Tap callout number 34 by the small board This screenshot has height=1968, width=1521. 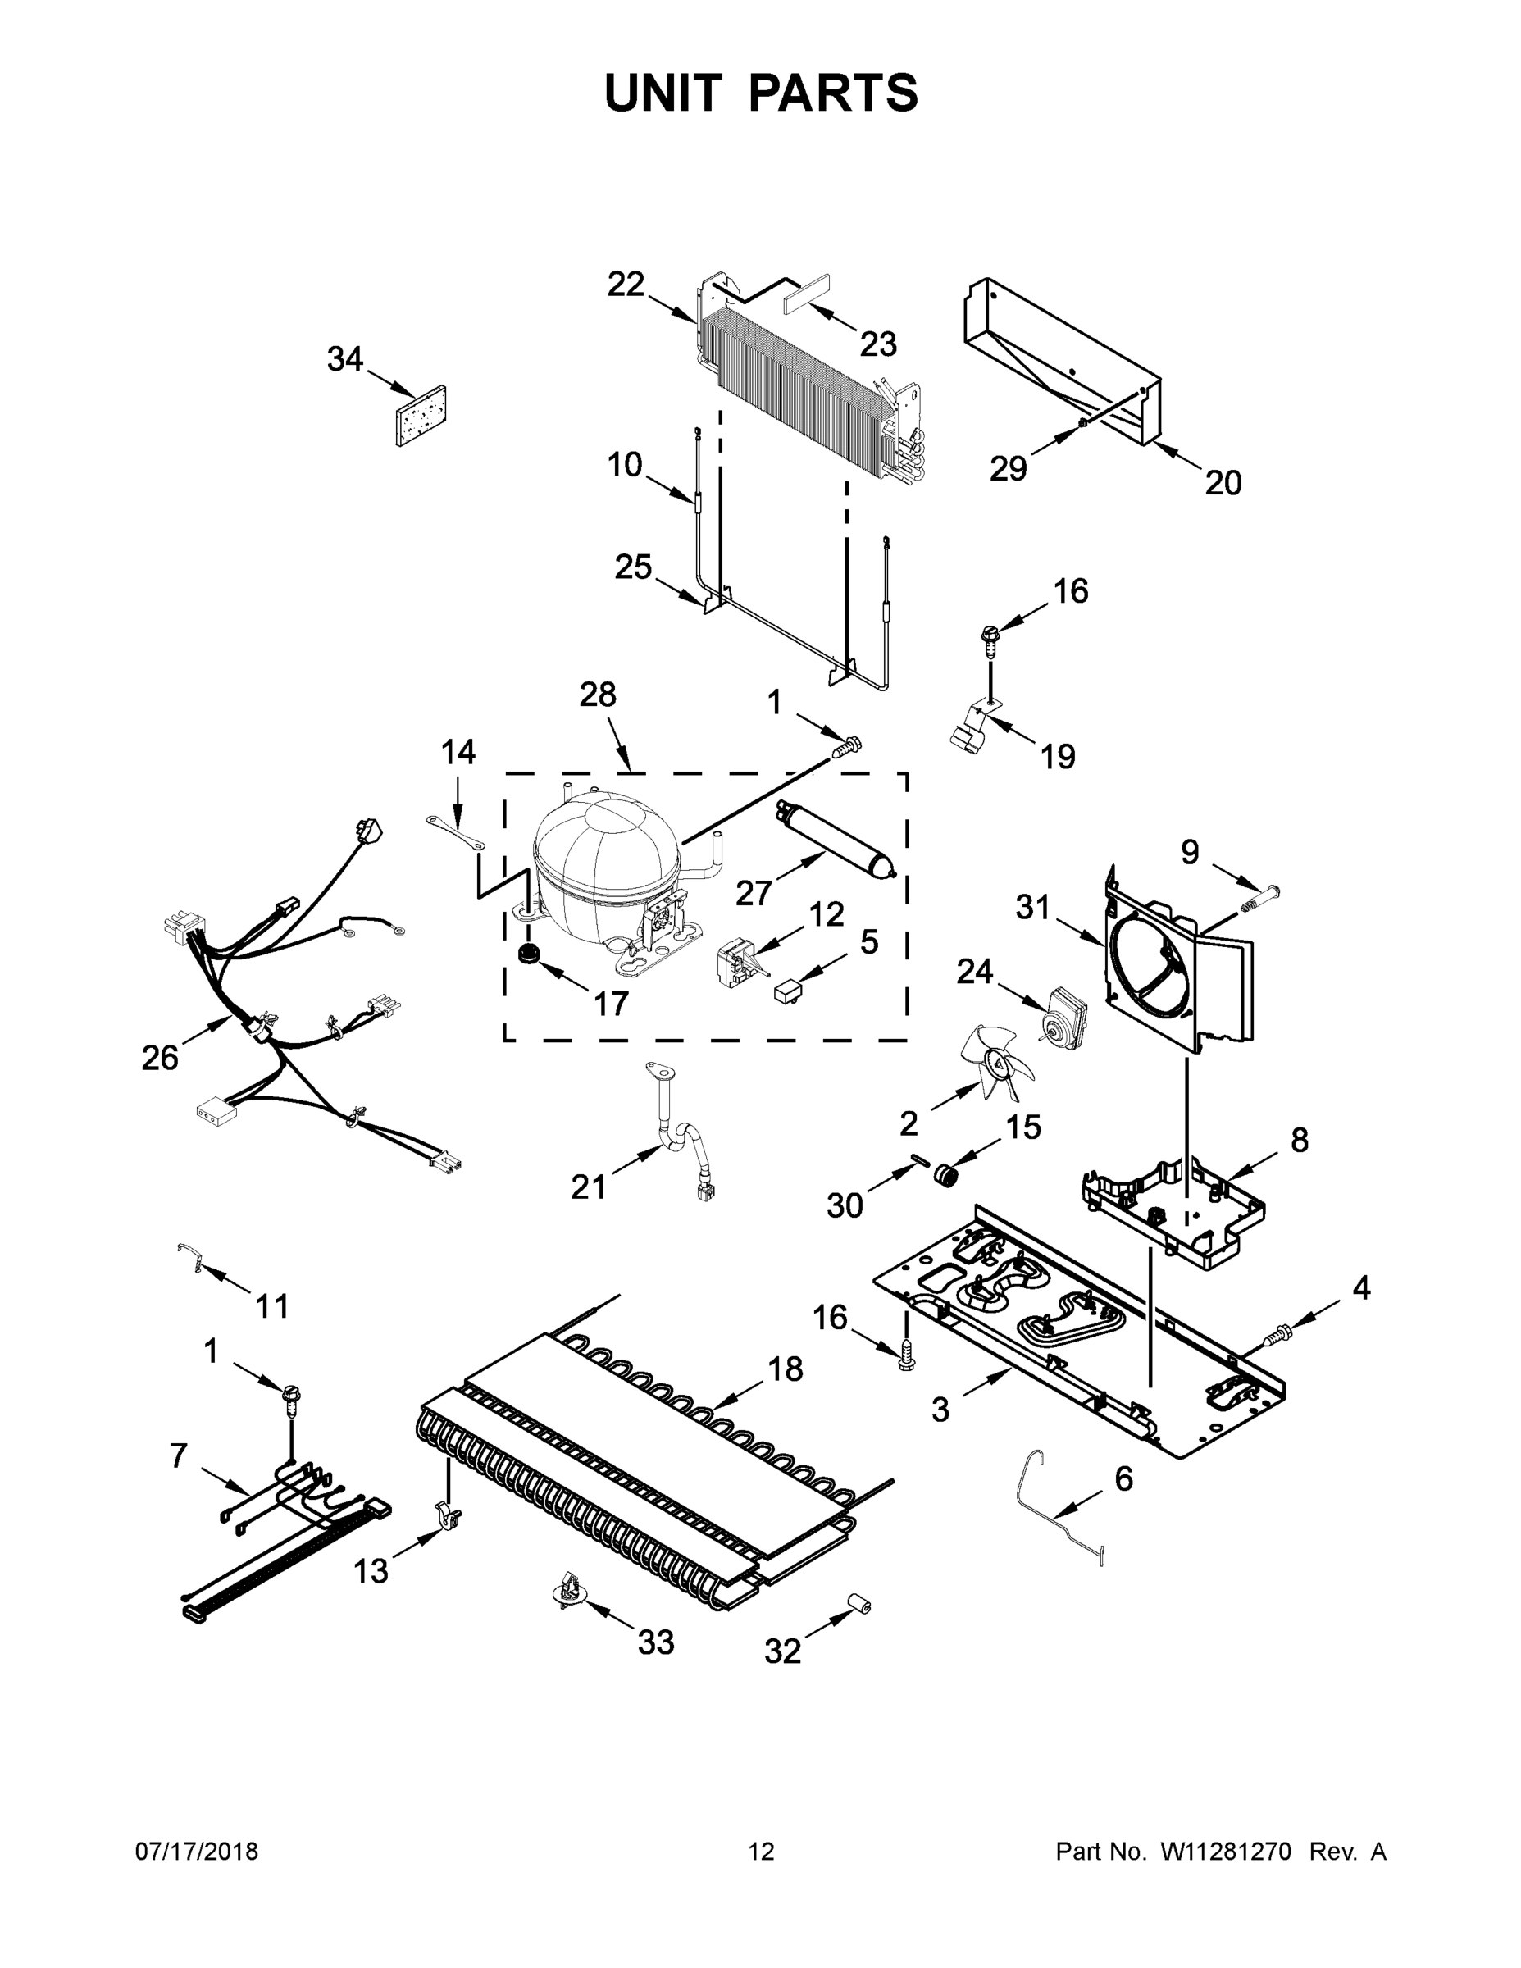pos(344,359)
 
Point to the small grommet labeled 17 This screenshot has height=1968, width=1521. pos(527,954)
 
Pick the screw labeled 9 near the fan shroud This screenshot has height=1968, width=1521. pos(1259,898)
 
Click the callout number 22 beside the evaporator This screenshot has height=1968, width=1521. pos(626,284)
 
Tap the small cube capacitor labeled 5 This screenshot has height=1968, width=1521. pos(786,991)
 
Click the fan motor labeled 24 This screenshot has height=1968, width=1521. pos(1063,1014)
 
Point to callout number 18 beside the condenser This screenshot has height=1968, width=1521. pos(785,1368)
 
